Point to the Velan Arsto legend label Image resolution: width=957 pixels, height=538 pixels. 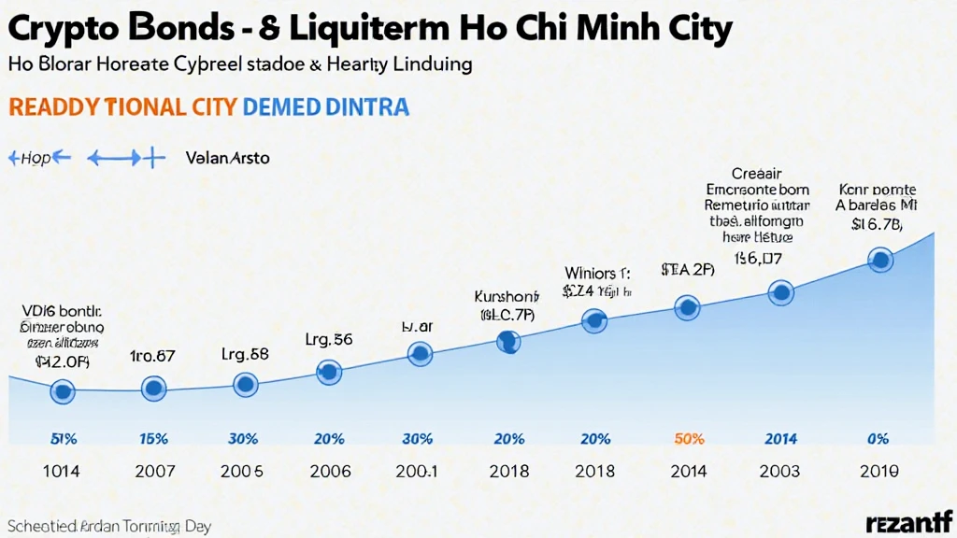227,158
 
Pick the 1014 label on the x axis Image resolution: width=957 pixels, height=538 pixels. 61,472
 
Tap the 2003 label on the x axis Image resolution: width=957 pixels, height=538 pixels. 780,472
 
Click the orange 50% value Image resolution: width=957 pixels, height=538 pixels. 688,439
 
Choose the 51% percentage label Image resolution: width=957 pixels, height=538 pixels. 62,439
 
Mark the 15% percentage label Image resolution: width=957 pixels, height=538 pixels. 152,439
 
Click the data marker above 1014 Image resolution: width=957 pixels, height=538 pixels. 63,391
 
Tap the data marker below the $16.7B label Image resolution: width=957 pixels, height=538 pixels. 879,261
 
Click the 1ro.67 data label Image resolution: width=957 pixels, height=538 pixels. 153,356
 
